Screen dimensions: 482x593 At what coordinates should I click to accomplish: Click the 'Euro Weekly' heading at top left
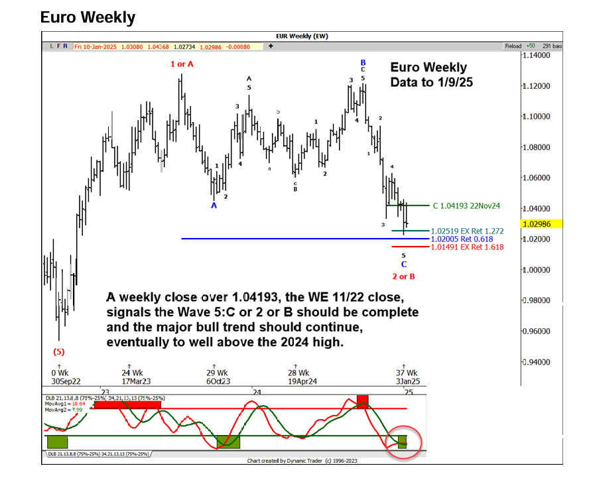[x=88, y=17]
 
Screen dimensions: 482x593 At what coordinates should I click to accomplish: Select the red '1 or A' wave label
[x=182, y=64]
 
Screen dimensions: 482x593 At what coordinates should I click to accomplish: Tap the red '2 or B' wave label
[x=403, y=276]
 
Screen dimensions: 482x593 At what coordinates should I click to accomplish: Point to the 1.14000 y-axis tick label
[x=537, y=56]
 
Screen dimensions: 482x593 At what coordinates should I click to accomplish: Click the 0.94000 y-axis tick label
[x=537, y=362]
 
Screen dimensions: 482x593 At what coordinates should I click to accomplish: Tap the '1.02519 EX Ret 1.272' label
[x=467, y=231]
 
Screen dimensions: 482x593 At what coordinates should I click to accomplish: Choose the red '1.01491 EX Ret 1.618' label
[x=467, y=247]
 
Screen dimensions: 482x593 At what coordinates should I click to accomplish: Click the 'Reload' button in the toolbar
[x=513, y=46]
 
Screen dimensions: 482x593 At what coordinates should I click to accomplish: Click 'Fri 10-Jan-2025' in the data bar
[x=97, y=46]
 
